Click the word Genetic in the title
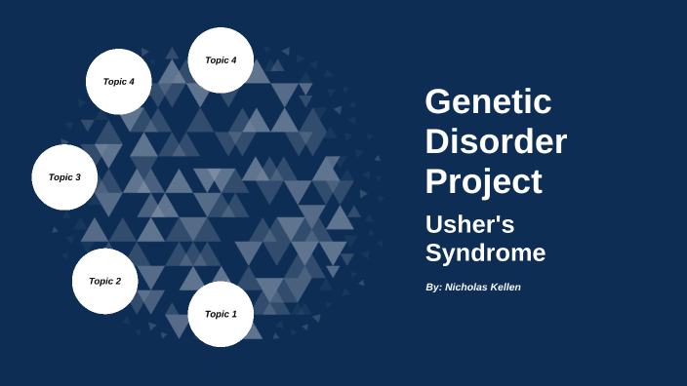click(x=488, y=101)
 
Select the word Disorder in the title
click(x=496, y=141)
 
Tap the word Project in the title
click(x=483, y=181)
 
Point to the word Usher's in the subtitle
click(x=469, y=224)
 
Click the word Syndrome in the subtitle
click(x=485, y=253)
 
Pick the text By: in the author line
click(x=433, y=287)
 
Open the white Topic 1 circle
click(x=221, y=314)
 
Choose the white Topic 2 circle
click(x=104, y=281)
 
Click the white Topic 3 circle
click(x=64, y=177)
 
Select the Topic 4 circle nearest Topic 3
click(x=118, y=82)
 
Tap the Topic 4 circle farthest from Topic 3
click(x=221, y=60)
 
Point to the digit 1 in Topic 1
click(x=234, y=314)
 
